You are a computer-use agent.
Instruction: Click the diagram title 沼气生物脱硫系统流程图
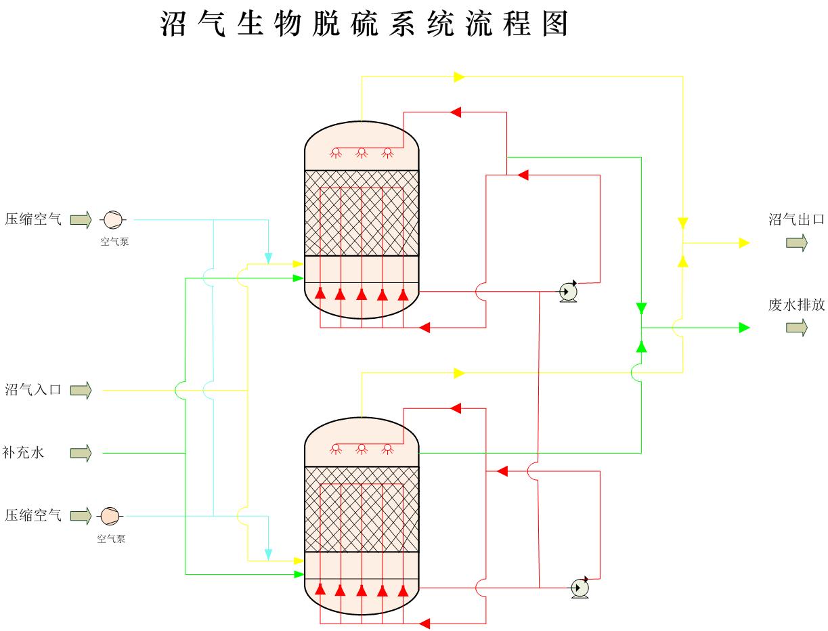pyautogui.click(x=364, y=24)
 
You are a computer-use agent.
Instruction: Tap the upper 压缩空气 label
pyautogui.click(x=33, y=219)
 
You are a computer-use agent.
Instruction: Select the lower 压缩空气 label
pyautogui.click(x=33, y=516)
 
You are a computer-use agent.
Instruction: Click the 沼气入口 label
pyautogui.click(x=33, y=390)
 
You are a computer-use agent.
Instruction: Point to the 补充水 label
pyautogui.click(x=24, y=452)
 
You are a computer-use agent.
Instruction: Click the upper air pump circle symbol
pyautogui.click(x=112, y=219)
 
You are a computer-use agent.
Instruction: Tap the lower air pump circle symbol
pyautogui.click(x=110, y=516)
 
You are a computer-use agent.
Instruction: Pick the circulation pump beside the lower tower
pyautogui.click(x=580, y=587)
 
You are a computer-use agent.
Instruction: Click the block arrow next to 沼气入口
pyautogui.click(x=81, y=391)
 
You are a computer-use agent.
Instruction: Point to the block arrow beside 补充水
pyautogui.click(x=81, y=453)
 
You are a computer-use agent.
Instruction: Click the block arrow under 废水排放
pyautogui.click(x=797, y=328)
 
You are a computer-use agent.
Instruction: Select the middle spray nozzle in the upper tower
pyautogui.click(x=362, y=152)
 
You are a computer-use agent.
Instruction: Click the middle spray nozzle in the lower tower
pyautogui.click(x=362, y=448)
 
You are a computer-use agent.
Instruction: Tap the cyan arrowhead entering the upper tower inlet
pyautogui.click(x=269, y=258)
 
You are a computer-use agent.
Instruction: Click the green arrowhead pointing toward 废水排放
pyautogui.click(x=744, y=328)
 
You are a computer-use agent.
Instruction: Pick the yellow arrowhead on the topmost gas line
pyautogui.click(x=459, y=77)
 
